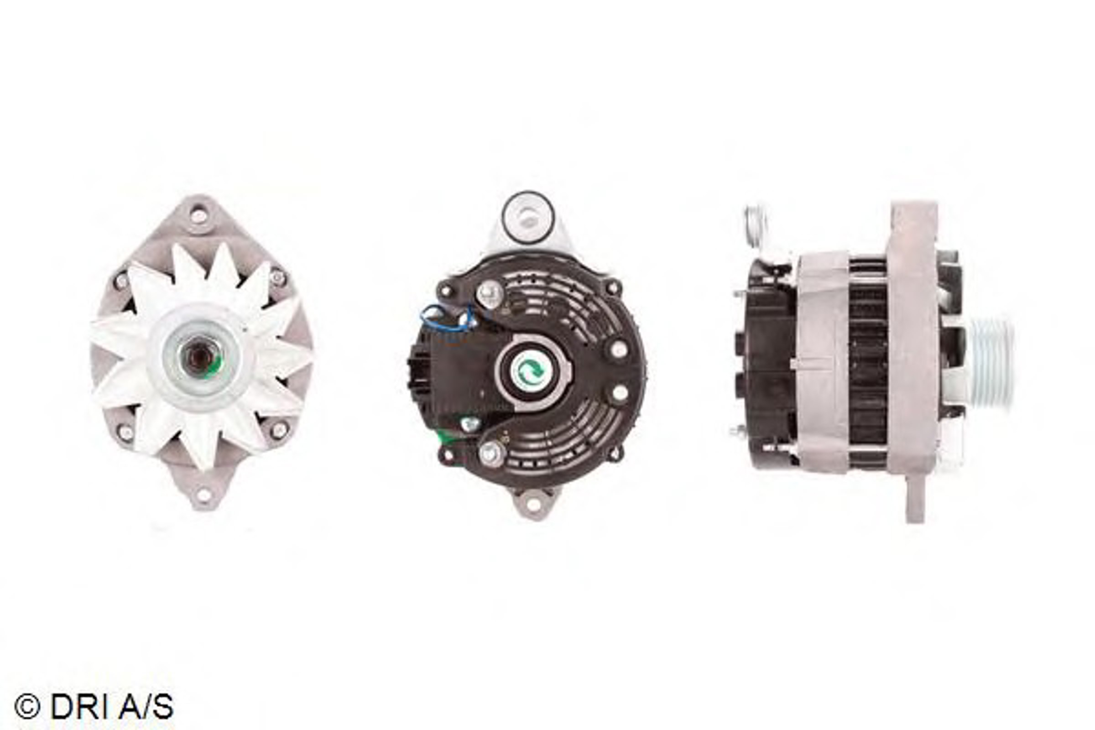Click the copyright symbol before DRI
27,706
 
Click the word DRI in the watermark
75,706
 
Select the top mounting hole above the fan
199,215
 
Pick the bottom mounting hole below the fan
203,495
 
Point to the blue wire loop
447,318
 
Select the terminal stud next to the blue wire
489,293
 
